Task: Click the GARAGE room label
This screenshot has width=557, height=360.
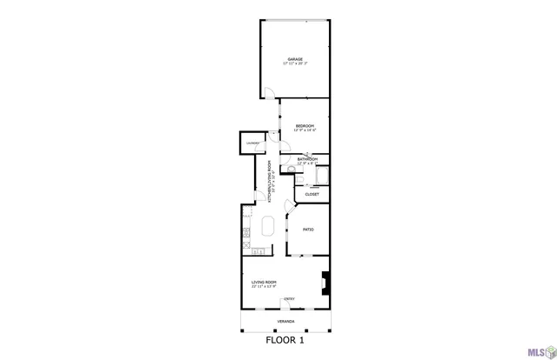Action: [296, 59]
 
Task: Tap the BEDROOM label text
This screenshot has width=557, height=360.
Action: [305, 126]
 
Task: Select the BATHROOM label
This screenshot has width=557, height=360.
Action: [307, 159]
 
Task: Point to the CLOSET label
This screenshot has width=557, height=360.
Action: [311, 194]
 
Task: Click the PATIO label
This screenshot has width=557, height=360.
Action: [308, 230]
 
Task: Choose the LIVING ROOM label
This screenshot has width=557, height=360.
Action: [264, 282]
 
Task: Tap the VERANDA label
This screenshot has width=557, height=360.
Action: [285, 321]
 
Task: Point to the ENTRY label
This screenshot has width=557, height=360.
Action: [289, 299]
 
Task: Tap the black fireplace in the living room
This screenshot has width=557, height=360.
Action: [326, 282]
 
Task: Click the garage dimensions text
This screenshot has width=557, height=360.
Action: [296, 63]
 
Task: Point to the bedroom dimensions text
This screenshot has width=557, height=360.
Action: [305, 130]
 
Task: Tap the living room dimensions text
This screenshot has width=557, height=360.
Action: [264, 286]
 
